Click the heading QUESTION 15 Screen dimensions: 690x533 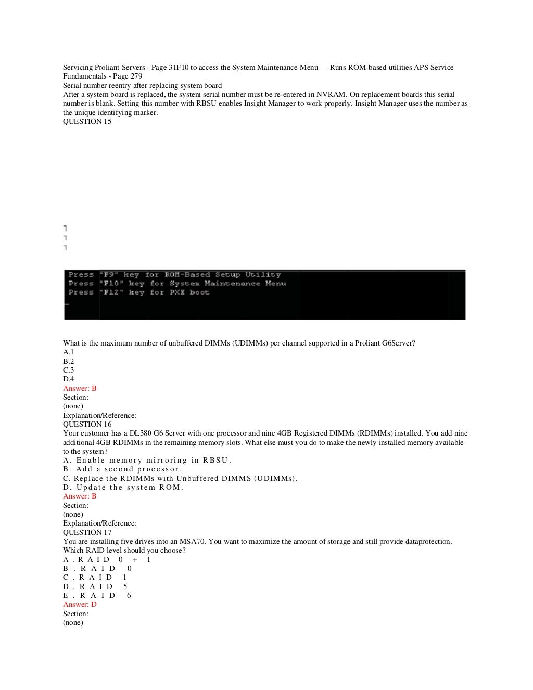click(x=87, y=122)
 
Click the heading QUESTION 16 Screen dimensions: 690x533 click(x=87, y=425)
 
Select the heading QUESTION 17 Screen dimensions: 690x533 click(x=87, y=533)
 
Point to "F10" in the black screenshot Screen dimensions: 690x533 click(x=112, y=284)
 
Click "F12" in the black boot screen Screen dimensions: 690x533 click(x=112, y=292)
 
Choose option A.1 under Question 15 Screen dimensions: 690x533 click(x=68, y=352)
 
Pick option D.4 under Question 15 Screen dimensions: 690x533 click(x=68, y=379)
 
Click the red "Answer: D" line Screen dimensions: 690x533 click(x=80, y=605)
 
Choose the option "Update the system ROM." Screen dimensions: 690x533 click(x=123, y=488)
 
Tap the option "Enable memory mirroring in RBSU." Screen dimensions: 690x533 click(x=147, y=461)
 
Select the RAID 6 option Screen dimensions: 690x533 click(x=97, y=596)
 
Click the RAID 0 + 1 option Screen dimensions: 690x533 click(x=107, y=560)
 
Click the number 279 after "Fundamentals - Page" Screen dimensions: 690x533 click(x=136, y=76)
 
